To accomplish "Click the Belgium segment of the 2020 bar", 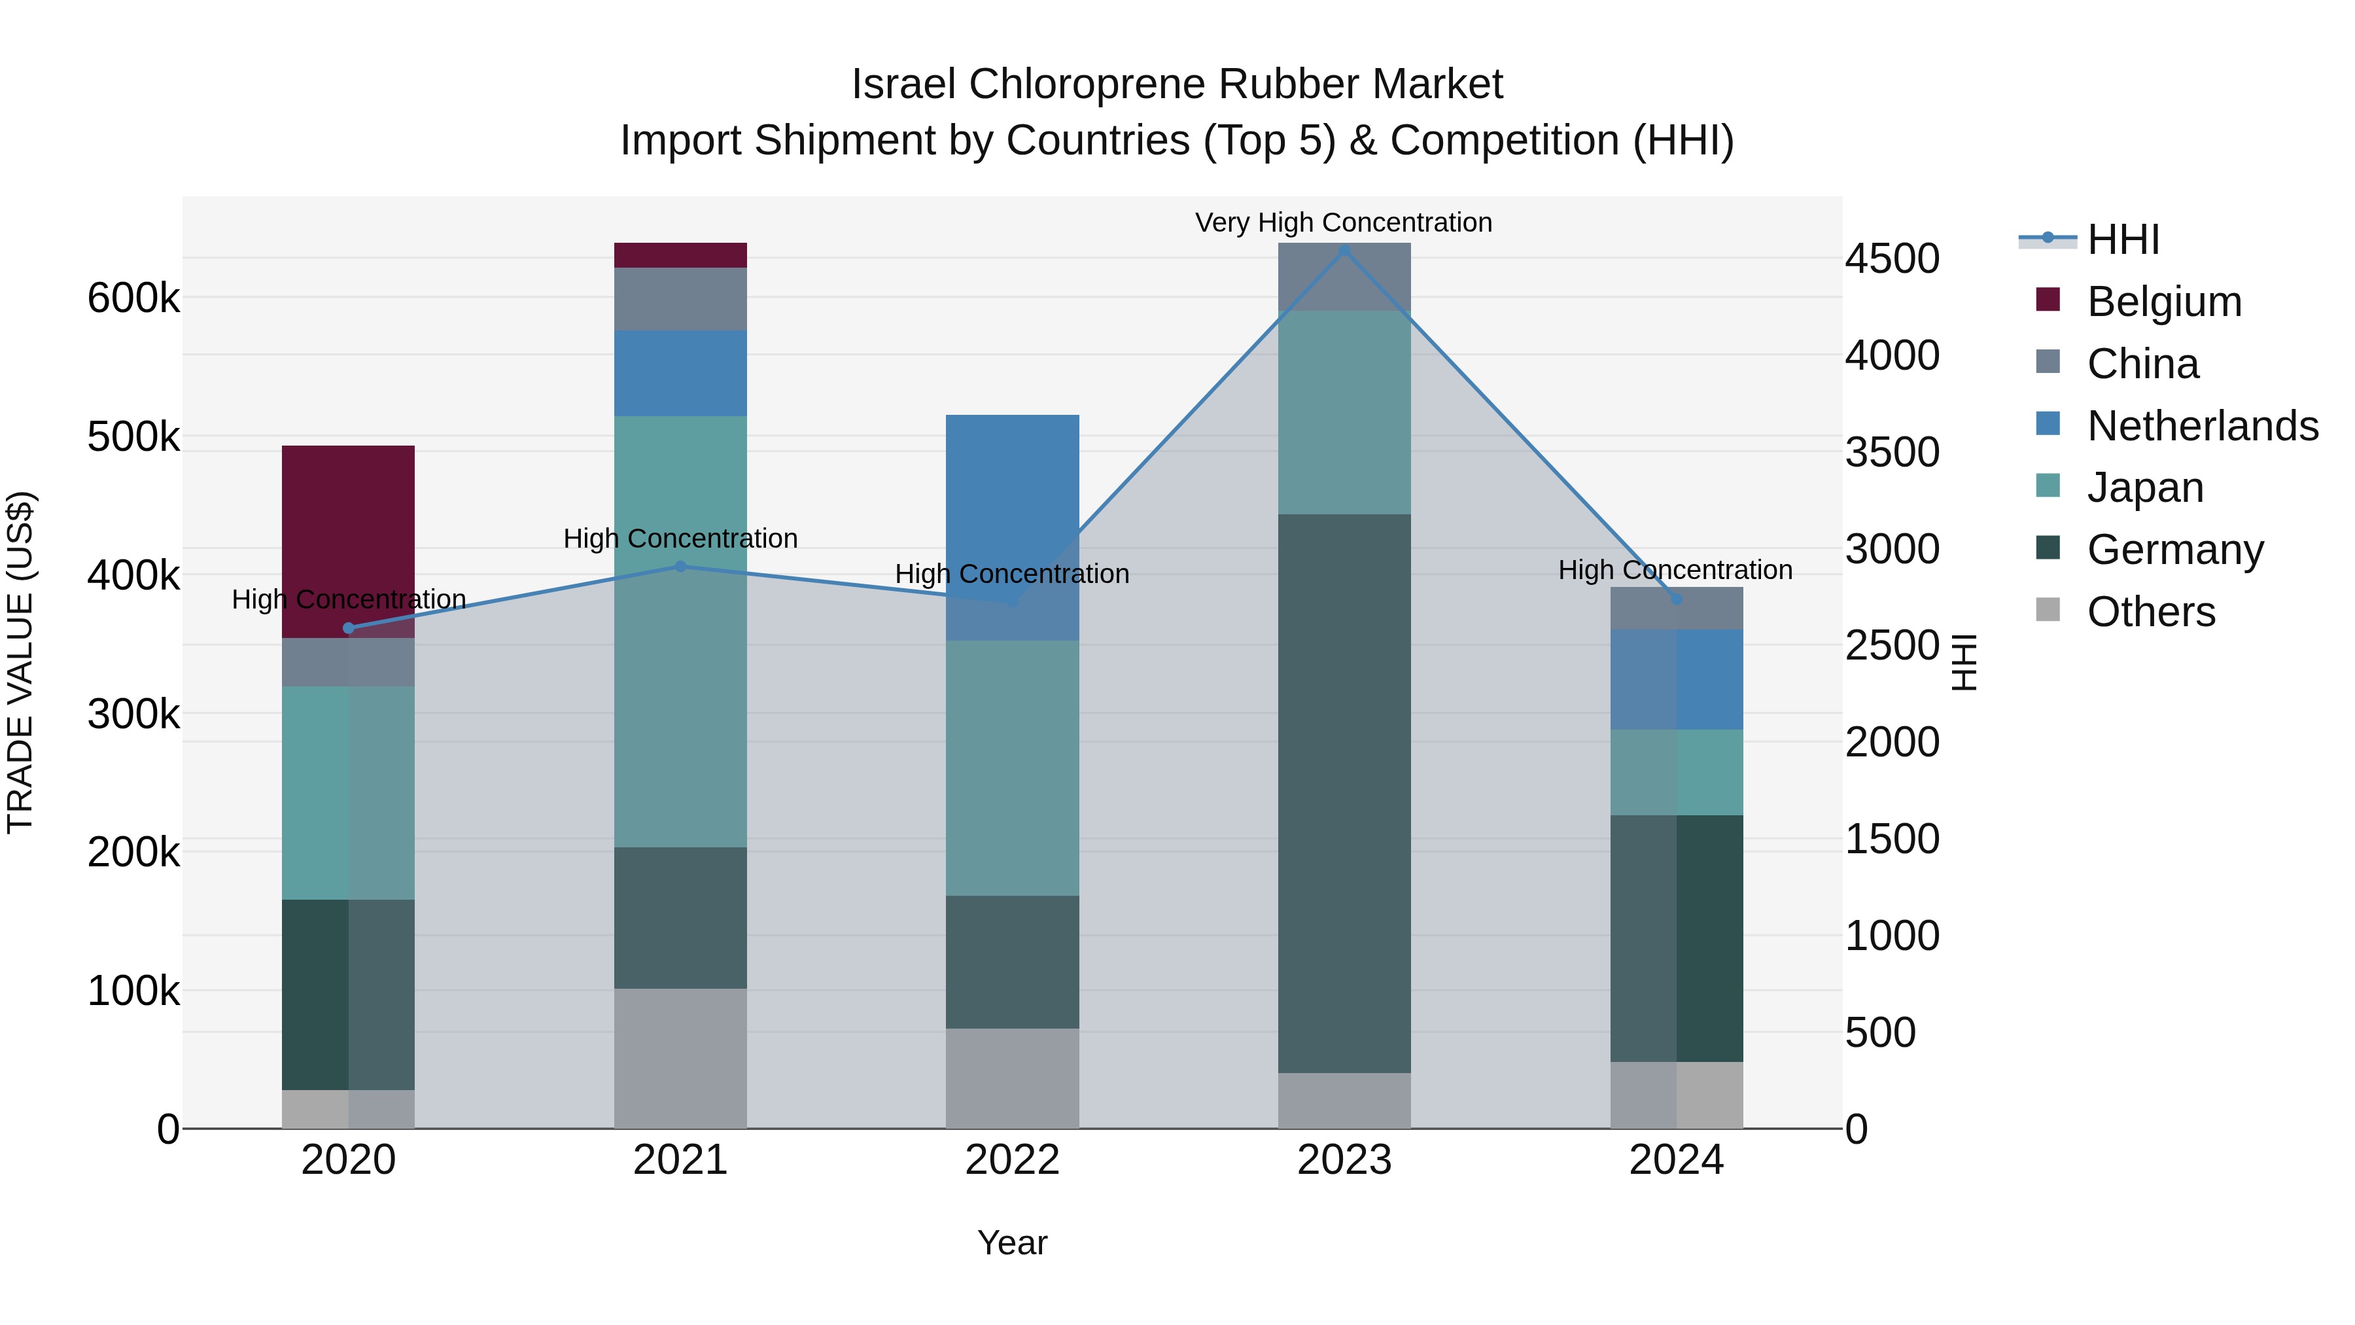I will point(348,540).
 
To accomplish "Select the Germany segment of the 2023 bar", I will point(1344,793).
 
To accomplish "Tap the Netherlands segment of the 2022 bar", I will point(1012,527).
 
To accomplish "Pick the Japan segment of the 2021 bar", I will point(680,631).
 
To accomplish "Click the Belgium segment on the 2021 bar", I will point(680,255).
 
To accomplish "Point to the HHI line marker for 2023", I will point(1344,250).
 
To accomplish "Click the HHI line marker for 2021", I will point(680,566).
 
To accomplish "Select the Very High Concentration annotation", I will point(1343,222).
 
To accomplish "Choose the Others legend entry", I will point(2150,612).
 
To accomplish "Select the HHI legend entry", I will point(2123,239).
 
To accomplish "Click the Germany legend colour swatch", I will point(2048,549).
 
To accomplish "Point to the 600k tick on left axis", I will point(133,298).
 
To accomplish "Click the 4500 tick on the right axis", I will point(1891,258).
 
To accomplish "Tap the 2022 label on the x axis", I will point(1012,1160).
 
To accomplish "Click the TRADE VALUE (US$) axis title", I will point(20,662).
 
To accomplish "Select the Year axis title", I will point(1012,1243).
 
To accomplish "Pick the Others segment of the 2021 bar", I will point(680,1058).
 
